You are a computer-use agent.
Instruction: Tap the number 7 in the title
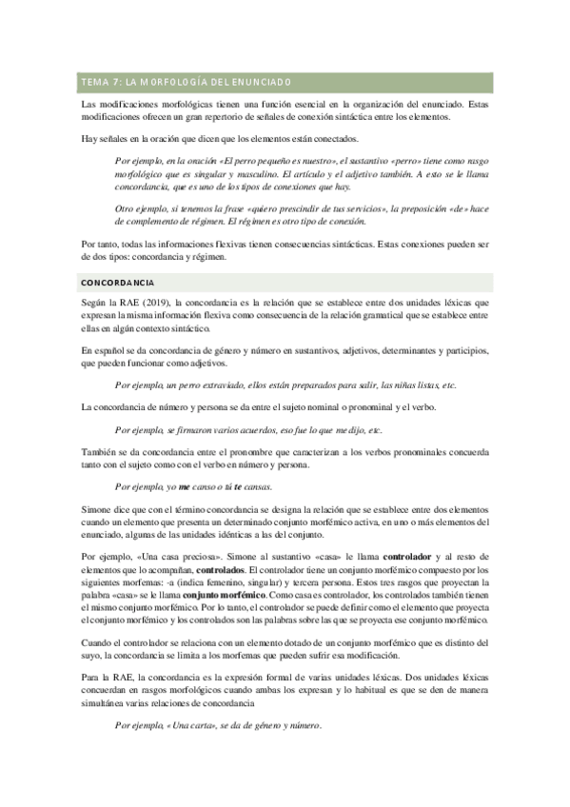coord(117,82)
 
